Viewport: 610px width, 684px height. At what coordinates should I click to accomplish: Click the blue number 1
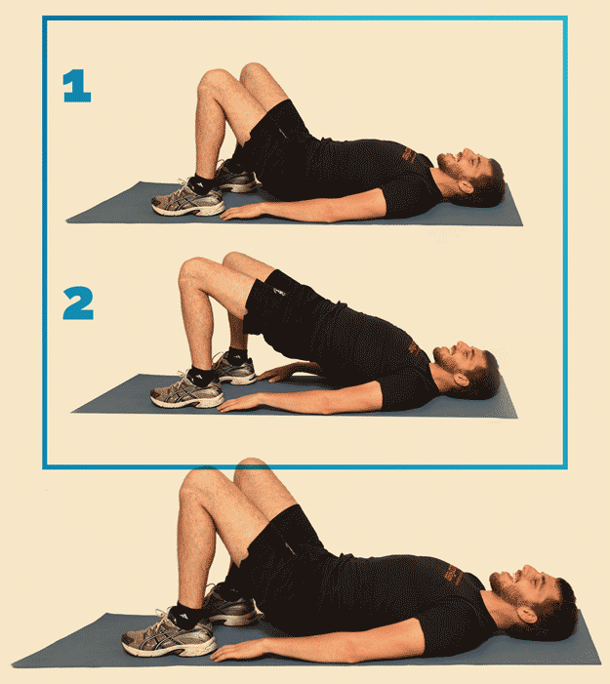pos(77,86)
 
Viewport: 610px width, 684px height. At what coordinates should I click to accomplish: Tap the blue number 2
pos(78,302)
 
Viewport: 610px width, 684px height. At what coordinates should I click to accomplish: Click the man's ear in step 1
pos(466,186)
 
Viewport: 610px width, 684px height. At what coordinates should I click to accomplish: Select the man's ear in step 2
pos(462,380)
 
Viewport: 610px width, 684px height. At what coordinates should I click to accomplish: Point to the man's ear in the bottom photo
pos(526,615)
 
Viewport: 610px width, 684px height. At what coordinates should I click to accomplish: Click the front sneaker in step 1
pos(188,200)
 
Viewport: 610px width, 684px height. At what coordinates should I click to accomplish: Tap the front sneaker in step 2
pos(186,391)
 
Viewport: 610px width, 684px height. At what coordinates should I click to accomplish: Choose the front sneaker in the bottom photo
pos(169,634)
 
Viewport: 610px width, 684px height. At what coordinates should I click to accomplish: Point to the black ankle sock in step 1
pos(204,183)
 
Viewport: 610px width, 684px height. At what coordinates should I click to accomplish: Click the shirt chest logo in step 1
pos(410,155)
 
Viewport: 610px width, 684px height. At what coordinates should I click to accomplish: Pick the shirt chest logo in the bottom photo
pos(454,575)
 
